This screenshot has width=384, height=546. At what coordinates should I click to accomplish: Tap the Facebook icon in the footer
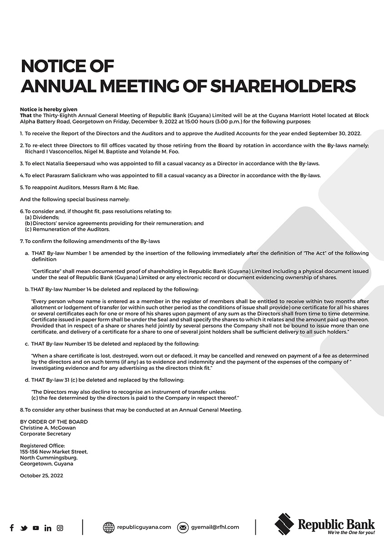point(12,528)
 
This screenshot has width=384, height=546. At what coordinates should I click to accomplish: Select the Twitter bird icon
point(24,528)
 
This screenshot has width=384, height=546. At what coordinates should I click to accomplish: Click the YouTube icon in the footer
point(36,528)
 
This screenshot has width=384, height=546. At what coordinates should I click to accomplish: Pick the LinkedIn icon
point(48,528)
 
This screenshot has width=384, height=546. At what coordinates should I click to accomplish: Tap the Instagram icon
point(60,528)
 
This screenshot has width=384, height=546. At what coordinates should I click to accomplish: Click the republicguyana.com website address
point(144,527)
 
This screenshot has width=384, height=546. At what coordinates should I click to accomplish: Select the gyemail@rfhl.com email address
point(215,527)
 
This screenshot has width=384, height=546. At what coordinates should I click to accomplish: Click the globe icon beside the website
point(109,527)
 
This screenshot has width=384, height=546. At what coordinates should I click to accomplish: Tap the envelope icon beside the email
point(183,527)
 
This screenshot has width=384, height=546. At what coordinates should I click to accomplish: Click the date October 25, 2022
point(41,476)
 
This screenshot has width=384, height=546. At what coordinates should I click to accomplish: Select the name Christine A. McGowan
point(48,428)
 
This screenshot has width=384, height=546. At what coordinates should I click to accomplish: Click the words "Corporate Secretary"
point(45,434)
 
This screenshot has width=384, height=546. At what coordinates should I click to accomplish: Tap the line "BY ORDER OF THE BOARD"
point(54,422)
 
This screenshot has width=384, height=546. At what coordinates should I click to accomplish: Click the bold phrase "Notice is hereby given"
point(49,109)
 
